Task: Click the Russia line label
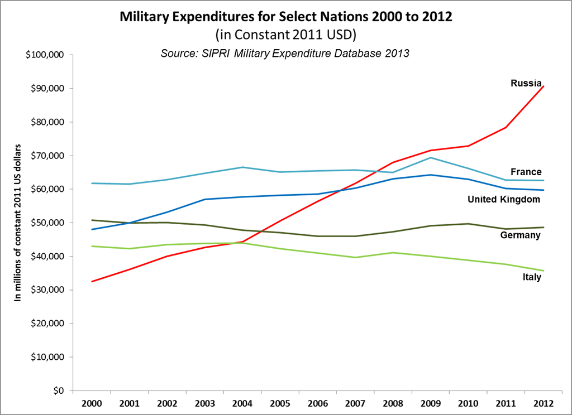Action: tap(526, 83)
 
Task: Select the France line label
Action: tap(526, 172)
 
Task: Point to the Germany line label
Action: tap(520, 235)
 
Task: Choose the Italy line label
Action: tap(531, 277)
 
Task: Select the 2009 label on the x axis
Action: tap(431, 402)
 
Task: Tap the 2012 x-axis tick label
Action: tap(544, 402)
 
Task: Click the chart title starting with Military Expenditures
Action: tap(286, 17)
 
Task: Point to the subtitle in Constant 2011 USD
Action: tap(286, 35)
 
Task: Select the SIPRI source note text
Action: tap(285, 54)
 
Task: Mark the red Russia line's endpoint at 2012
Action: tap(544, 86)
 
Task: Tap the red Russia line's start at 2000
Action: tap(93, 281)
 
